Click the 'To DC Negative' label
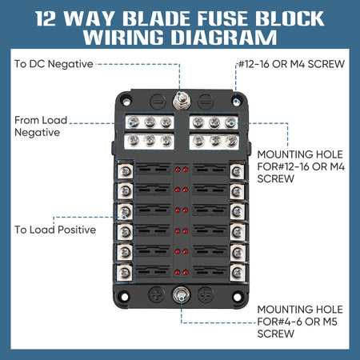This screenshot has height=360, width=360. click(54, 64)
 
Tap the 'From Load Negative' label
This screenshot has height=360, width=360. click(41, 126)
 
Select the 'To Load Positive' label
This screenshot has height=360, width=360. click(55, 230)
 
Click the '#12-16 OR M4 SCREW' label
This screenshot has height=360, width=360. click(291, 64)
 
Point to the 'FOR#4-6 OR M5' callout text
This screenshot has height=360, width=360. click(298, 322)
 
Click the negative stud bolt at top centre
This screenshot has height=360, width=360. click(182, 102)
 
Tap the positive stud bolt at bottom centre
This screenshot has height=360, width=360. click(182, 295)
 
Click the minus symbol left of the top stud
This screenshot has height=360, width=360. click(158, 102)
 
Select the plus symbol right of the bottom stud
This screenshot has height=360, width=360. click(206, 294)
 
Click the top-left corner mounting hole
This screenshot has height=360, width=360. click(126, 102)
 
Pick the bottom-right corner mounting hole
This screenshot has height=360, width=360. click(237, 297)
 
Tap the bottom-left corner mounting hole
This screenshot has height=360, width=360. click(125, 297)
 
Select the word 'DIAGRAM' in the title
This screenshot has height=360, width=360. click(224, 37)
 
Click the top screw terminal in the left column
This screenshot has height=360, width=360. click(126, 171)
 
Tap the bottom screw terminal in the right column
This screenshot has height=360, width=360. click(237, 273)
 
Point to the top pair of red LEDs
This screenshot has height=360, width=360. click(182, 170)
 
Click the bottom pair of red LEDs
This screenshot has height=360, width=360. click(182, 273)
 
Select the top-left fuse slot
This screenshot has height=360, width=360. click(153, 170)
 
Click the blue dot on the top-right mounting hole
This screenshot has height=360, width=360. click(236, 102)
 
